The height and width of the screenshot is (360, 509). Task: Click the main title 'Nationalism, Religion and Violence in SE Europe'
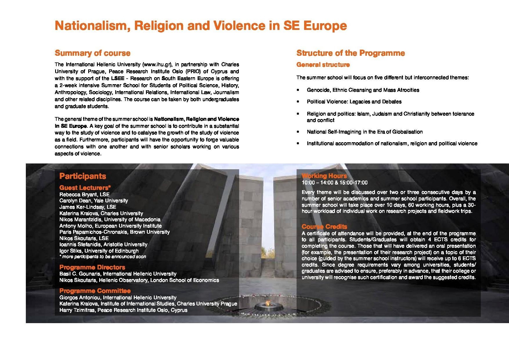(x=201, y=26)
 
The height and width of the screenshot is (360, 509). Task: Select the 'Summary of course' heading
(x=93, y=53)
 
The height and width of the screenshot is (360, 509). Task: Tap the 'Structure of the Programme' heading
(x=351, y=53)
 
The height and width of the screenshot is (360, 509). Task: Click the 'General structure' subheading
(x=323, y=65)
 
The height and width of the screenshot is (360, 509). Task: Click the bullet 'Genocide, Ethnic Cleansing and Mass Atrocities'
(x=363, y=90)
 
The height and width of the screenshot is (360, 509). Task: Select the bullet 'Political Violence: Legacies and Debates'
(x=354, y=102)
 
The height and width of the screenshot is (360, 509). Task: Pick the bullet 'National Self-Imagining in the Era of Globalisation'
(x=364, y=132)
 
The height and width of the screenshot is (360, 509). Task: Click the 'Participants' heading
(x=83, y=176)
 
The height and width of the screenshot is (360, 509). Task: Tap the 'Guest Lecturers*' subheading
(x=85, y=188)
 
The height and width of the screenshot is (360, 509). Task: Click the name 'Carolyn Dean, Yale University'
(x=93, y=201)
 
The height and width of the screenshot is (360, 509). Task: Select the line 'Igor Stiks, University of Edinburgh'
(x=99, y=251)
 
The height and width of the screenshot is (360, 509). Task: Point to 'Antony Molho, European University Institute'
(x=110, y=226)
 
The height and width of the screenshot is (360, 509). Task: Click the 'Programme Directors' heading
(x=92, y=267)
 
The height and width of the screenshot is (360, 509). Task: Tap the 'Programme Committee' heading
(x=95, y=291)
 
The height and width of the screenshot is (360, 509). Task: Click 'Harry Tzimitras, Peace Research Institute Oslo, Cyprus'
(x=123, y=310)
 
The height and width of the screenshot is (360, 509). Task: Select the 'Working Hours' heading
(x=324, y=176)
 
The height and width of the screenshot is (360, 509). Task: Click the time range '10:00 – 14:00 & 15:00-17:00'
(x=334, y=183)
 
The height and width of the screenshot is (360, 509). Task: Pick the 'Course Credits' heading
(x=324, y=226)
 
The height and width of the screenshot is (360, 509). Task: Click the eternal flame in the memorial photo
(x=268, y=303)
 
